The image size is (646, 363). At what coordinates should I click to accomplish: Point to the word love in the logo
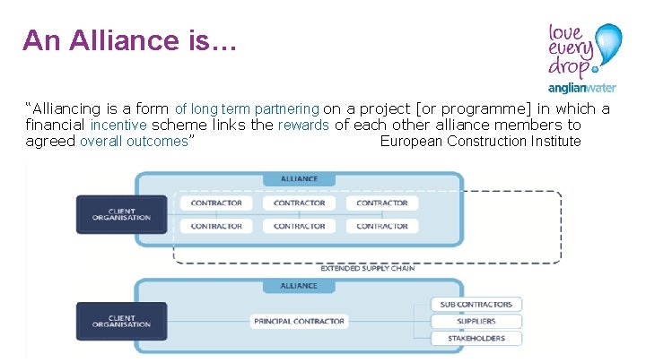566,33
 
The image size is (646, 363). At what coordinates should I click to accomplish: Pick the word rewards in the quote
303,125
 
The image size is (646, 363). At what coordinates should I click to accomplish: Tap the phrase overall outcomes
135,142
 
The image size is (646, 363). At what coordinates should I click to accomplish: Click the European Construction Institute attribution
480,142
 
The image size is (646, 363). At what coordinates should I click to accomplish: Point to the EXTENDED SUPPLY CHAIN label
368,268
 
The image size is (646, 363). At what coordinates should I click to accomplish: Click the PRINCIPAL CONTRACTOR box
299,321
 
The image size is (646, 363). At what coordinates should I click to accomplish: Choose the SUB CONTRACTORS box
476,305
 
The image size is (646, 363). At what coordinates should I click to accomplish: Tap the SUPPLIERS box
476,321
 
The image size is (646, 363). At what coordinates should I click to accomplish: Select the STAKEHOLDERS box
476,338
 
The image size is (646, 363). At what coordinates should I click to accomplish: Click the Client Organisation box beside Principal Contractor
121,321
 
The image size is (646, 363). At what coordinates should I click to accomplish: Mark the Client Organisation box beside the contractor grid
121,214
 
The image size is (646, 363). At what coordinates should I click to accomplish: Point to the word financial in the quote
56,125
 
